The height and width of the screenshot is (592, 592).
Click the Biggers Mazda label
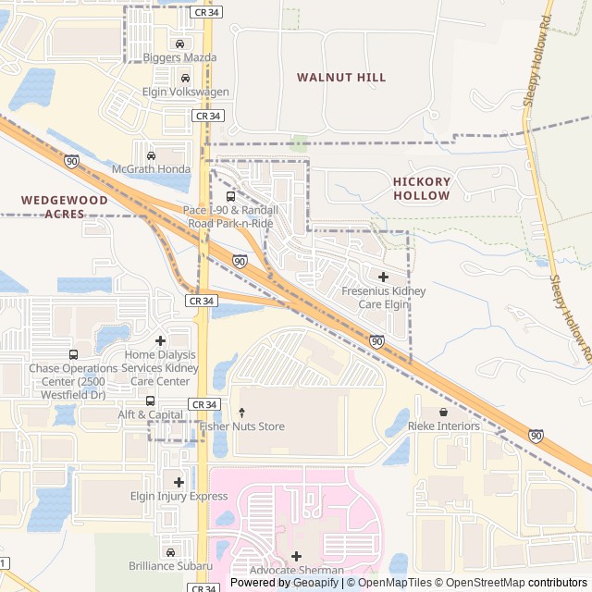(179, 57)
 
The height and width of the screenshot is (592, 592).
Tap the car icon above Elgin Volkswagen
(186, 78)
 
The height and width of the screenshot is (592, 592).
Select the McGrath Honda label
(151, 169)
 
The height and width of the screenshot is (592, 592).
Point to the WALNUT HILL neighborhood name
(341, 78)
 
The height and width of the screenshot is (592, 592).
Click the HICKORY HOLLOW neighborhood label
(421, 189)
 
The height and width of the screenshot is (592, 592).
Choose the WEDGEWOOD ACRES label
(64, 206)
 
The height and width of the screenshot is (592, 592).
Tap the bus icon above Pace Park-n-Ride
(230, 196)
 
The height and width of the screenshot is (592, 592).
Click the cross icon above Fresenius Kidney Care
(383, 277)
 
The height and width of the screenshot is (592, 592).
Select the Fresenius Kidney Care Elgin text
(383, 297)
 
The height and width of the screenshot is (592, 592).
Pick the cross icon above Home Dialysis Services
(160, 340)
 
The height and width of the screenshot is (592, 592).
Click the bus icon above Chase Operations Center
(73, 354)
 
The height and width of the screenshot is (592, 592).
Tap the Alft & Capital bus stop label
(150, 415)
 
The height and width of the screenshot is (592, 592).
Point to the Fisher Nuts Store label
(241, 426)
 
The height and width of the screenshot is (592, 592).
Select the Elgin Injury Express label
(179, 497)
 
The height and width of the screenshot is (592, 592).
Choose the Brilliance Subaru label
(170, 566)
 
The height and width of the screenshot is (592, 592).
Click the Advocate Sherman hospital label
(296, 571)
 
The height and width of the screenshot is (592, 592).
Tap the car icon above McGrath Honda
(151, 154)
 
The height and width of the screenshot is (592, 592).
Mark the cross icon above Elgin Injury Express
(179, 482)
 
